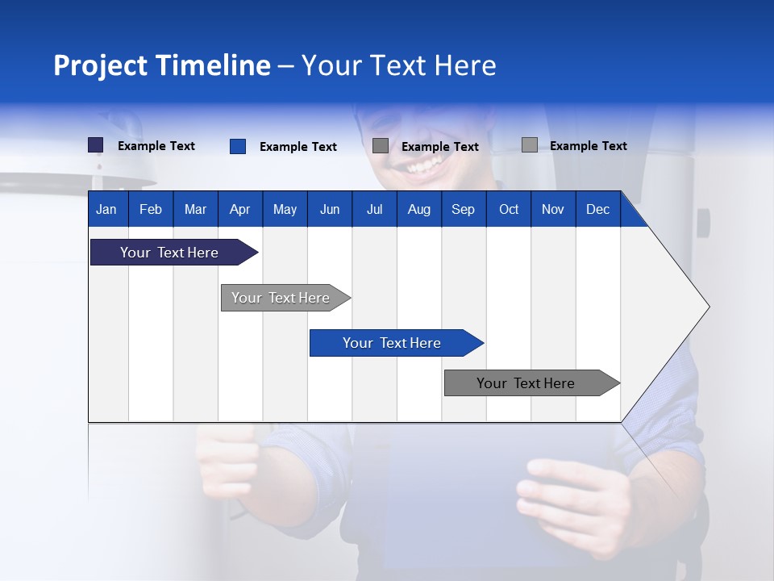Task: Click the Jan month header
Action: coord(106,209)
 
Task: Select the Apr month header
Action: coord(239,209)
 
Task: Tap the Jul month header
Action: coord(374,209)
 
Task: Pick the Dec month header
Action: coord(597,209)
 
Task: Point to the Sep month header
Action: coord(463,209)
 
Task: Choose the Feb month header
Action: coord(151,209)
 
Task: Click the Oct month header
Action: coord(509,209)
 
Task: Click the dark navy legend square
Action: coord(95,145)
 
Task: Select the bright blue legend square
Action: coord(237,146)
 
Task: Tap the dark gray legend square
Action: coord(381,145)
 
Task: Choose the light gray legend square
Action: coord(529,145)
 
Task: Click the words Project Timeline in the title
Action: coord(161,65)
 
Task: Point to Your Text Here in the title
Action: coord(398,65)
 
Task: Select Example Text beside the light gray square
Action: coord(588,146)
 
